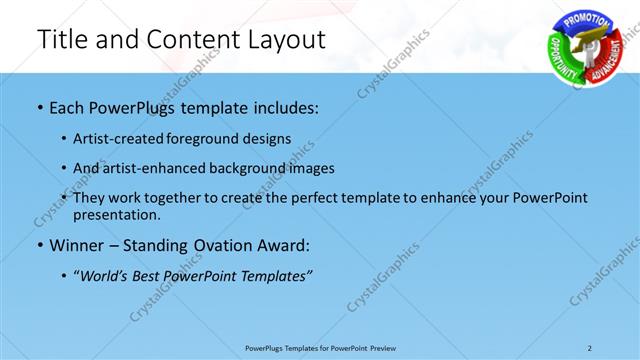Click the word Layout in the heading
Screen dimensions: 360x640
282,39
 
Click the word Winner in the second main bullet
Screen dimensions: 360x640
79,244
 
